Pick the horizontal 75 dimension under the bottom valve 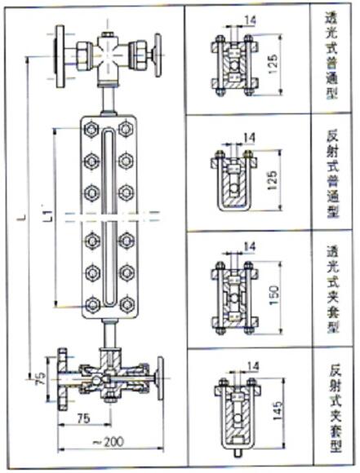83,418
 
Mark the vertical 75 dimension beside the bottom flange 41,378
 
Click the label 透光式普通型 331,55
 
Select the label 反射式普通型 332,175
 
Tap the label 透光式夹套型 333,289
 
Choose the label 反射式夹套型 336,409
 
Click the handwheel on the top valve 158,55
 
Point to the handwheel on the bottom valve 160,378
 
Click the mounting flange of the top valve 60,56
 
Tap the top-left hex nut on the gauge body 91,130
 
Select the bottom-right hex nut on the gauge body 127,305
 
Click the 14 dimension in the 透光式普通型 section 250,21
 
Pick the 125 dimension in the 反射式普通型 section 273,180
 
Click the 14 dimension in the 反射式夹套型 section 253,366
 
